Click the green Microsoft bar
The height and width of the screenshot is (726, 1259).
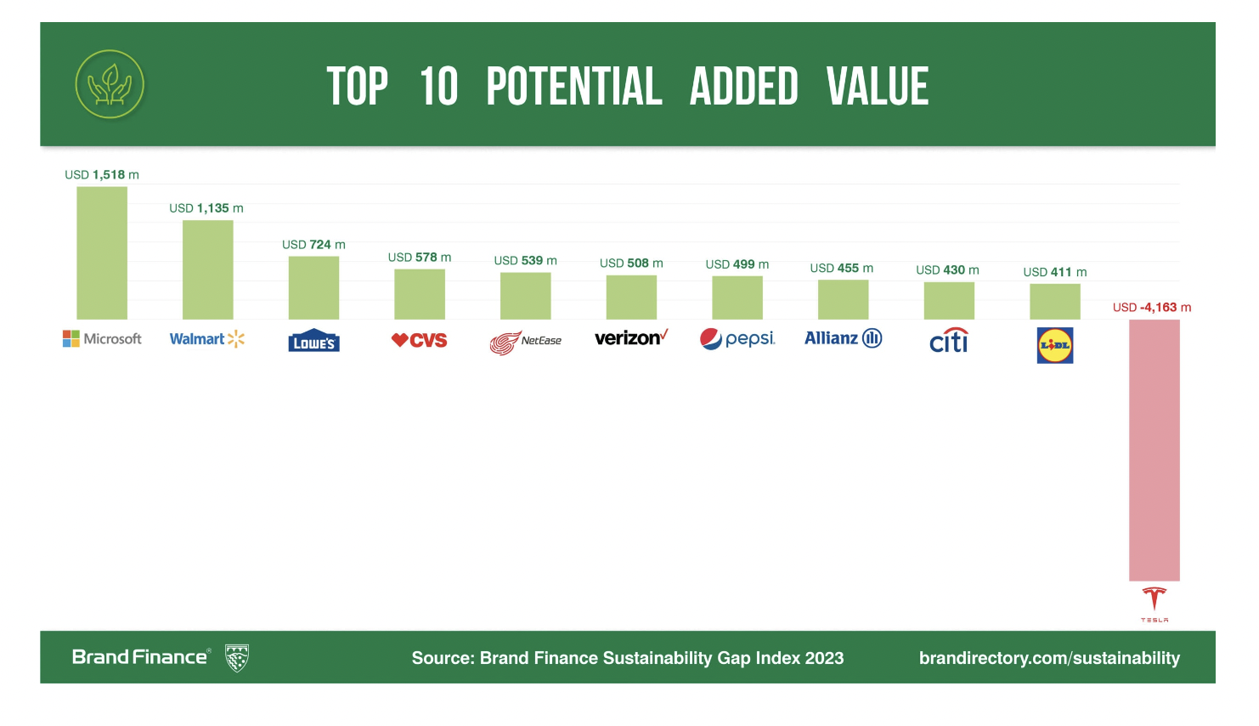[x=102, y=252]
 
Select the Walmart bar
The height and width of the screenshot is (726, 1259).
[x=207, y=269]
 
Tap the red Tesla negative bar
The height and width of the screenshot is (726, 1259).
[x=1154, y=450]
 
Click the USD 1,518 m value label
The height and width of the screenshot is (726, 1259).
[x=102, y=175]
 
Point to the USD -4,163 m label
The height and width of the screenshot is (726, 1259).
[x=1152, y=308]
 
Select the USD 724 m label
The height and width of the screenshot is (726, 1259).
[x=313, y=245]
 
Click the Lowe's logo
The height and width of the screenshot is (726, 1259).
[x=313, y=341]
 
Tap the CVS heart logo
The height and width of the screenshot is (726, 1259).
[x=419, y=340]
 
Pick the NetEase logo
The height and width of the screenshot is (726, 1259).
[x=525, y=342]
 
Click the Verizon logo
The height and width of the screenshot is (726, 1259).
[x=631, y=338]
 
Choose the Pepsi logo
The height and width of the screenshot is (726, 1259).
[x=737, y=339]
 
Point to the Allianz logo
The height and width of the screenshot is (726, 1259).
[x=843, y=338]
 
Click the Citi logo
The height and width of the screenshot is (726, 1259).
[x=949, y=341]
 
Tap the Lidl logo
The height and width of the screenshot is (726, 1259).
[x=1055, y=345]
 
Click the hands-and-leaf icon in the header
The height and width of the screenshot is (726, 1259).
[x=110, y=84]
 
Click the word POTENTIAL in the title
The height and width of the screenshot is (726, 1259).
[x=573, y=87]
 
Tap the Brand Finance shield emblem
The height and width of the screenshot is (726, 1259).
[x=237, y=658]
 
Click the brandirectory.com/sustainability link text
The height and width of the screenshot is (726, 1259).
[x=1049, y=658]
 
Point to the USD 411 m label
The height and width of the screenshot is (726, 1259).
[x=1054, y=272]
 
